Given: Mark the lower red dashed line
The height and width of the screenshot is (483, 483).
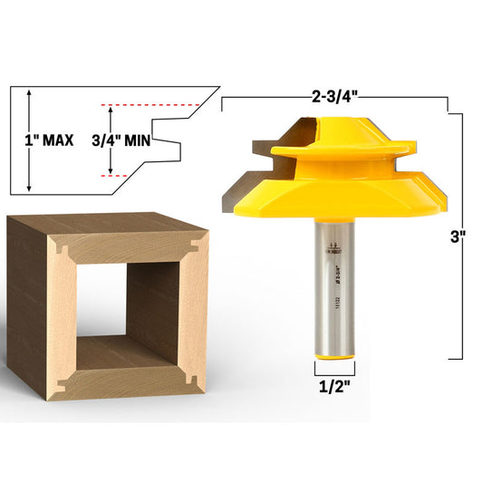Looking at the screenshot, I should pos(121,176).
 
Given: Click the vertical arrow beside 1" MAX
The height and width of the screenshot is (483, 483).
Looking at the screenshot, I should pos(30,140).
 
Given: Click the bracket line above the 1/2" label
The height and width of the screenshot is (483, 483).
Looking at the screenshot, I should pos(334,372).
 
